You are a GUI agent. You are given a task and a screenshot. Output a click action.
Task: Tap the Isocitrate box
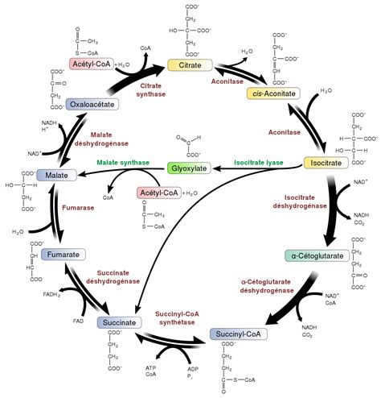324,162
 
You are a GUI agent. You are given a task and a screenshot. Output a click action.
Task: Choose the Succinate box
120,323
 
